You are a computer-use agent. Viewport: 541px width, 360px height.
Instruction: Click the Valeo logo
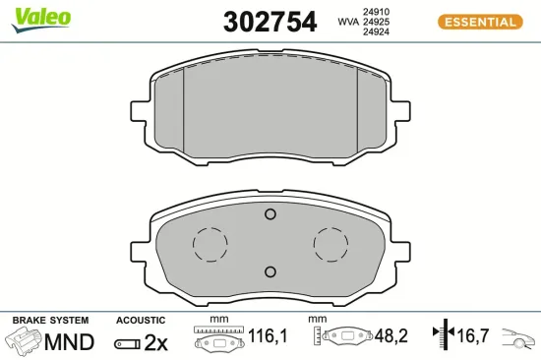[x=41, y=20]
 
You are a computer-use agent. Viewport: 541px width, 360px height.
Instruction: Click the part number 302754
[x=270, y=22]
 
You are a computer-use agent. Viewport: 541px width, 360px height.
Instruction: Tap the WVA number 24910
[x=376, y=12]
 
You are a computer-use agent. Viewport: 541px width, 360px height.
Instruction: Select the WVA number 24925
[x=376, y=22]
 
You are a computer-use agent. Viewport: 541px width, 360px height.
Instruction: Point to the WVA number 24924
[x=376, y=31]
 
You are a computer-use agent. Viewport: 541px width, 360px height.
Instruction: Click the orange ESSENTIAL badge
[x=480, y=22]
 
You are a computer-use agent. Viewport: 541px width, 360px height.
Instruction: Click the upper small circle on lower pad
[x=270, y=214]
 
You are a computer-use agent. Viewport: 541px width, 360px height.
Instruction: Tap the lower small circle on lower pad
[x=270, y=272]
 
